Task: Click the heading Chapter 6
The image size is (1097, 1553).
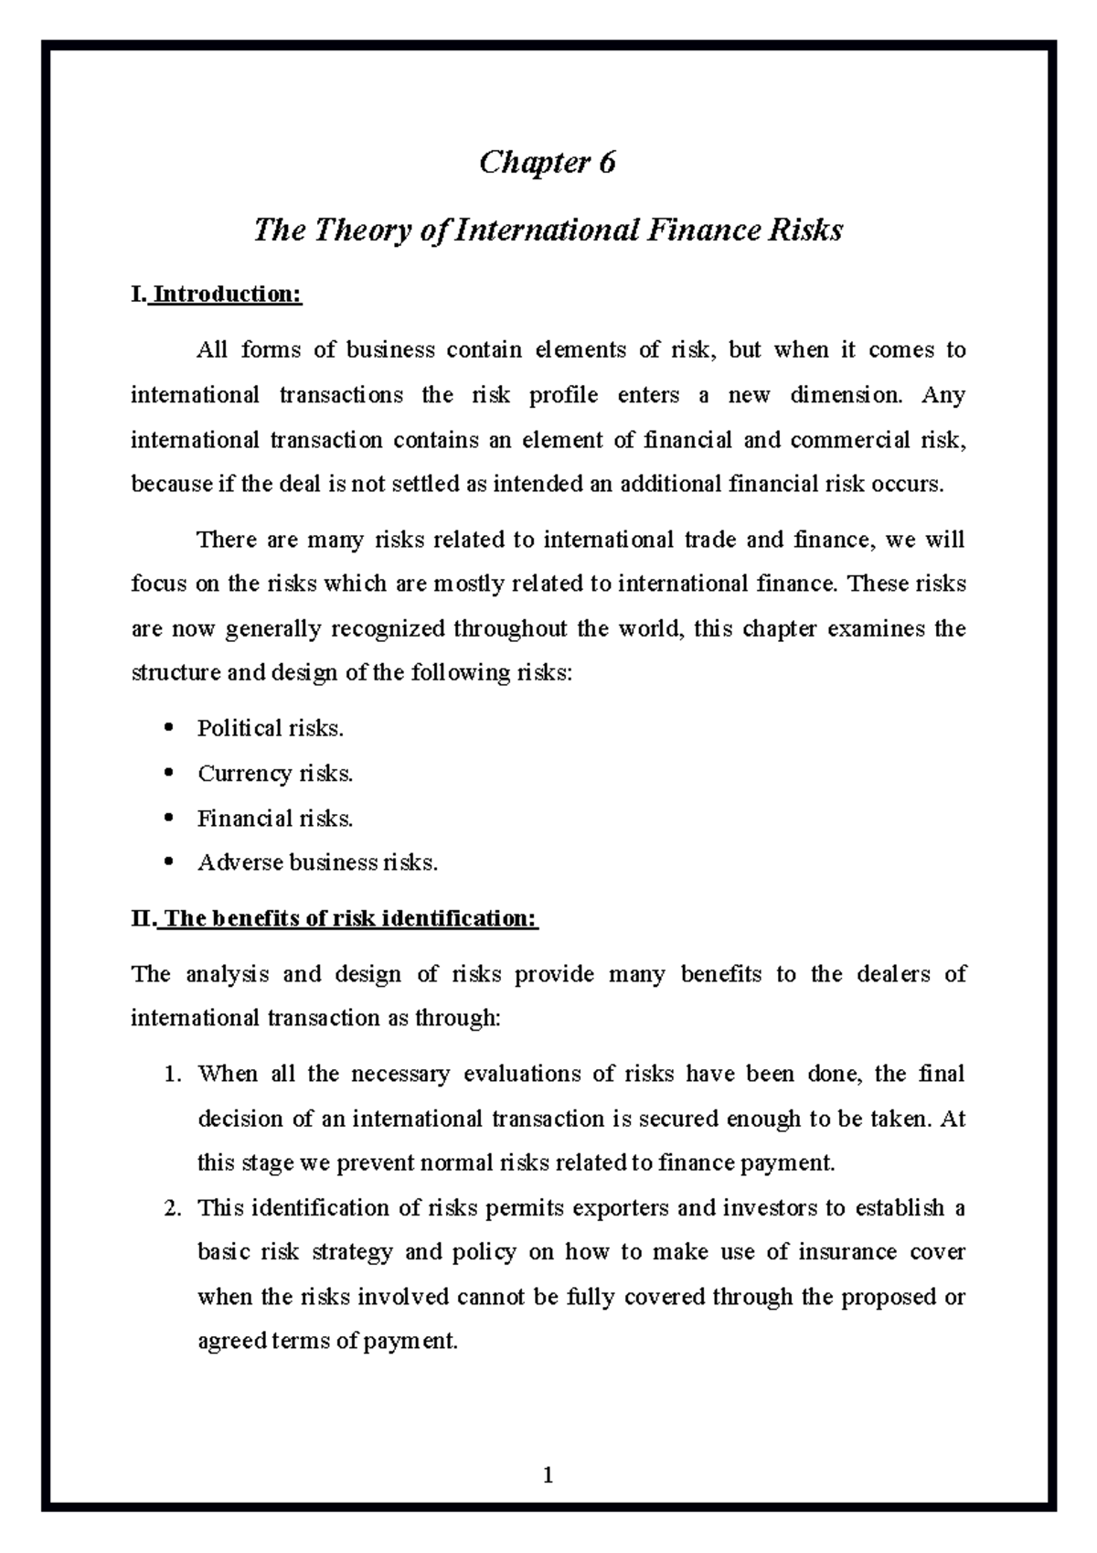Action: (x=548, y=163)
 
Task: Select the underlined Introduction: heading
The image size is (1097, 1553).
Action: (x=226, y=295)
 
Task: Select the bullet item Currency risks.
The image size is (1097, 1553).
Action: (x=275, y=774)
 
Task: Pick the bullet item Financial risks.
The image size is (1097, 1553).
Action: (x=275, y=819)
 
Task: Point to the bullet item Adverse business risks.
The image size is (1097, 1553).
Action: (x=317, y=862)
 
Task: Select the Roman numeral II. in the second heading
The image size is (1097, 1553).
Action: (x=144, y=918)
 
